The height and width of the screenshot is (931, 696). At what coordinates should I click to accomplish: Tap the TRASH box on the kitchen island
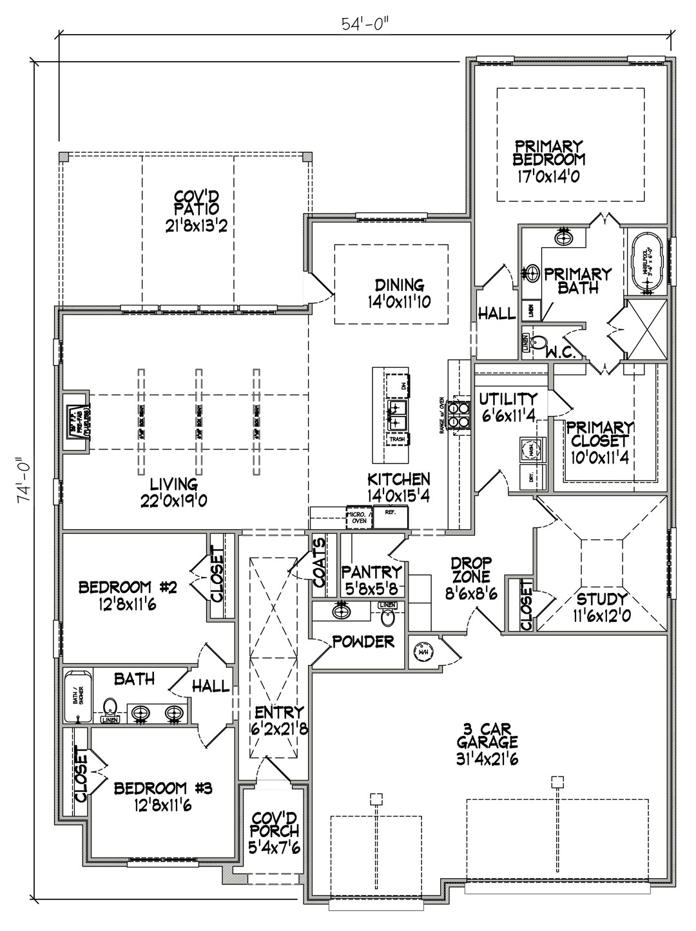pos(397,440)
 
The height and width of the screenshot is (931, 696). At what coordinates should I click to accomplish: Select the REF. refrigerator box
pos(391,517)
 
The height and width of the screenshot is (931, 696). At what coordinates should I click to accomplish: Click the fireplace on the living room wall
pos(75,422)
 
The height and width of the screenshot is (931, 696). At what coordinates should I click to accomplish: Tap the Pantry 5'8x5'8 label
pos(371,579)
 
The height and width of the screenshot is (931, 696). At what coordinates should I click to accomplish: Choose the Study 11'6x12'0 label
pos(603,607)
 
